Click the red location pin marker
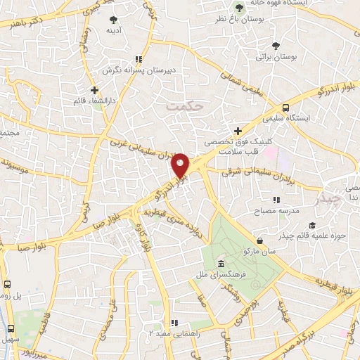coord(180,165)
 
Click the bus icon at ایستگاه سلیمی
coord(285,108)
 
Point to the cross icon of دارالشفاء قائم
coord(95,89)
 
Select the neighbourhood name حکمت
coord(185,107)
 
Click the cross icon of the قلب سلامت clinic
coord(238,131)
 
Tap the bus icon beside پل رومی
coord(7,285)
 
